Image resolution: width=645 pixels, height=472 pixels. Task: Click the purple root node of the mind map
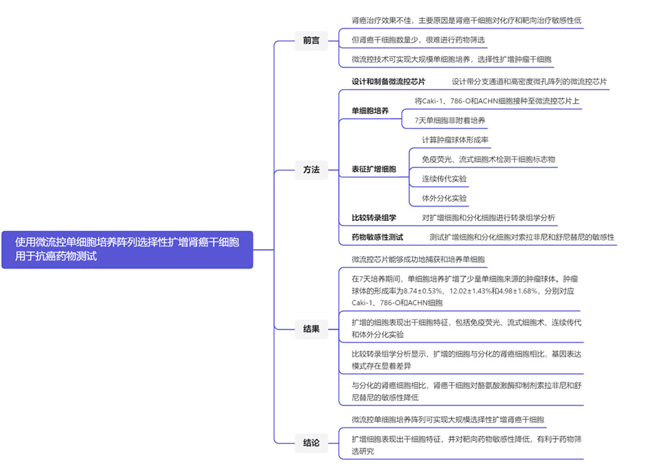[x=127, y=249]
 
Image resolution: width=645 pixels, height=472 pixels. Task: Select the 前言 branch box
[x=311, y=40]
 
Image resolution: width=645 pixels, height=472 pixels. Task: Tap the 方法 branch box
[x=311, y=170]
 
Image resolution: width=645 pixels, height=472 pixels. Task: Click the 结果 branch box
[x=311, y=330]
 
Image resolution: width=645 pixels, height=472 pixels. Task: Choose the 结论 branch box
[x=311, y=444]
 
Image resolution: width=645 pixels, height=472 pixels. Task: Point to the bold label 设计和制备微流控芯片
[x=388, y=82]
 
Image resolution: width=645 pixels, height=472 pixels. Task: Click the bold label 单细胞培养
[x=370, y=111]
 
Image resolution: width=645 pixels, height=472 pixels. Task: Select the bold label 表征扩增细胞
[x=373, y=169]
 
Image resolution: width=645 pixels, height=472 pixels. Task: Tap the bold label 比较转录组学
[x=373, y=217]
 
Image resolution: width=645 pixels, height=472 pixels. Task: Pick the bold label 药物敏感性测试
[x=378, y=237]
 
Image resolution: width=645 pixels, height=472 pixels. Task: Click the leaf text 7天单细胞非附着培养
[x=450, y=120]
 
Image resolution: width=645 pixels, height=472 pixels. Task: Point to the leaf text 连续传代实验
[x=444, y=179]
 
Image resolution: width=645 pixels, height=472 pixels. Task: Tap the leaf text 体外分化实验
[x=444, y=199]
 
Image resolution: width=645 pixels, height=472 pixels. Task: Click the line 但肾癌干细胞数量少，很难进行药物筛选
[x=419, y=40]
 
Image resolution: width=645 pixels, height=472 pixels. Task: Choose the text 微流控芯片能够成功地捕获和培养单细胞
[x=419, y=259]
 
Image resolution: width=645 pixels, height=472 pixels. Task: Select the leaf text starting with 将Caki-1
[x=497, y=101]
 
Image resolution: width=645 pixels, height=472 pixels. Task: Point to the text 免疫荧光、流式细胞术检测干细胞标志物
[x=488, y=159]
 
